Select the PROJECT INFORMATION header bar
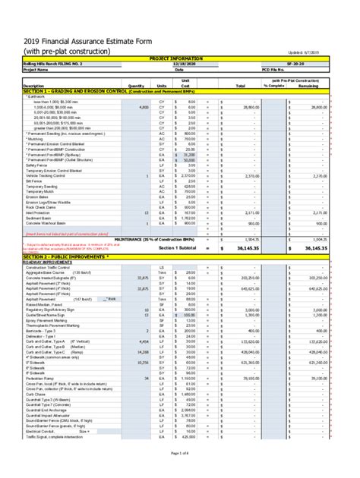pyautogui.click(x=180, y=57)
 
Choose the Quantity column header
pyautogui.click(x=137, y=86)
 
